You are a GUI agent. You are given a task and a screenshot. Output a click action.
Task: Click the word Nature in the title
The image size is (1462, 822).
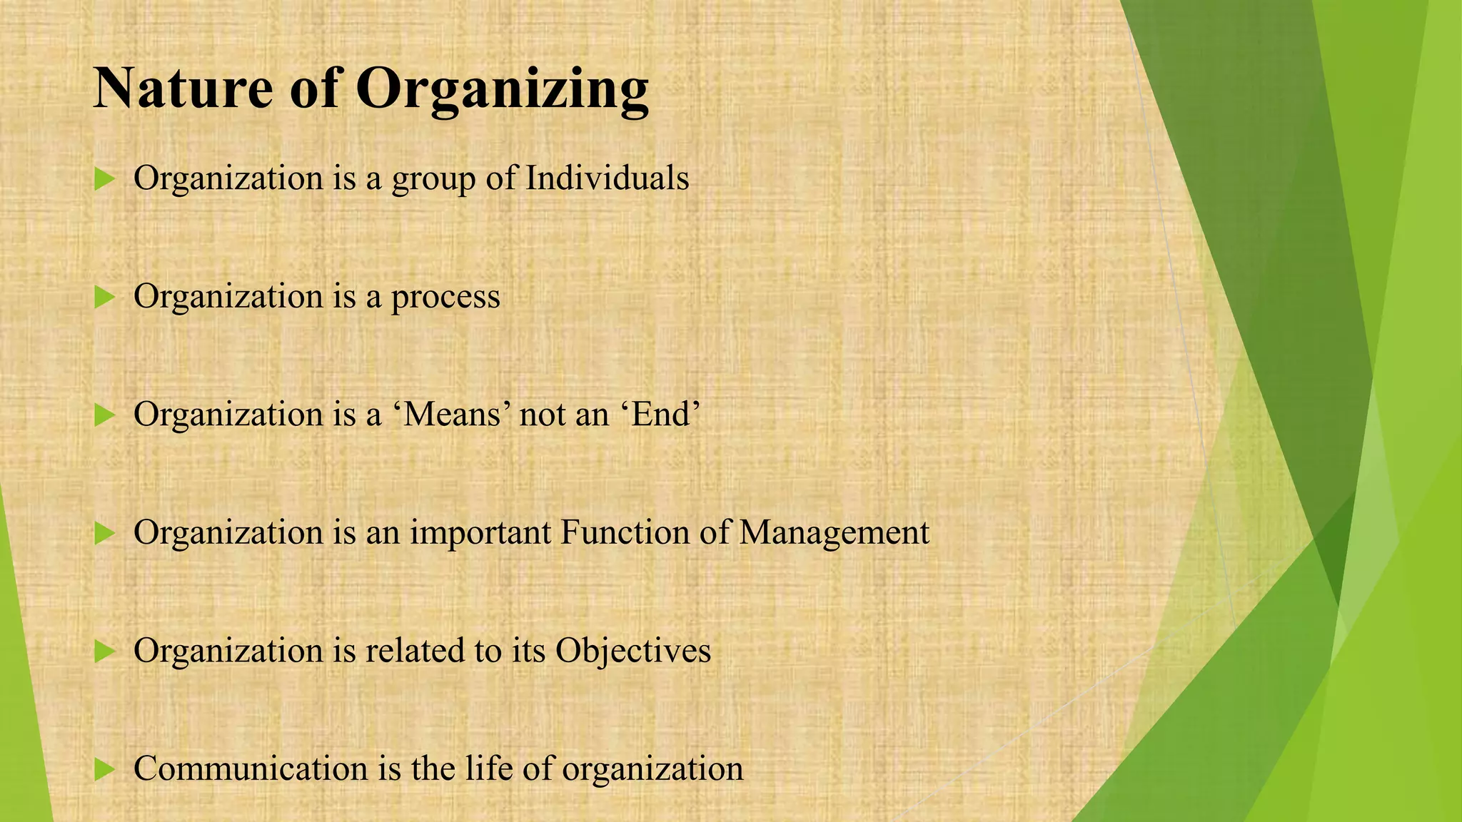(x=183, y=88)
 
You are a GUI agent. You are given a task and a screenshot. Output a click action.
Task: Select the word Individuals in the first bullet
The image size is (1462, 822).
(x=607, y=178)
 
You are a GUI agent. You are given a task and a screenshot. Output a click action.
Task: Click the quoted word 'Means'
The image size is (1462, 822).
(x=452, y=415)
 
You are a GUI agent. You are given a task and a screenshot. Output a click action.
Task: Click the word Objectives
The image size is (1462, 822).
(x=633, y=651)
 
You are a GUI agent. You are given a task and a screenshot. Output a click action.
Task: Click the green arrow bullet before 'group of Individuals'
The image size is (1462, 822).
(x=104, y=179)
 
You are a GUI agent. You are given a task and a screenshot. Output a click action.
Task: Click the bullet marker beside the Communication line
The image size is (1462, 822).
(x=104, y=769)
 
